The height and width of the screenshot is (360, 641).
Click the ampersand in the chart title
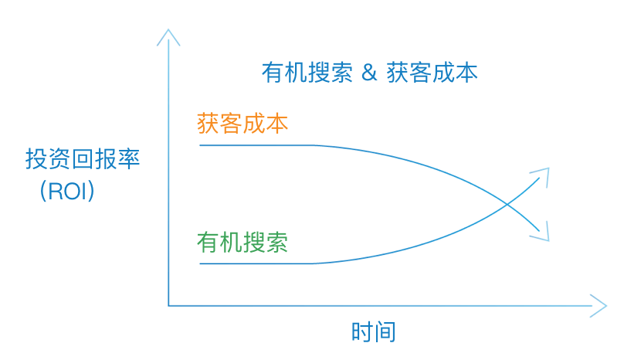click(x=368, y=73)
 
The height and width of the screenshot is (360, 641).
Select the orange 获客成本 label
click(x=242, y=123)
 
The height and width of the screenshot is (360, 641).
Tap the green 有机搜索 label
click(x=242, y=242)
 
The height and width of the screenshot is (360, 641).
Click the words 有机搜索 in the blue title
click(x=307, y=73)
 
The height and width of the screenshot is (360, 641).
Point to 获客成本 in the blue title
click(x=432, y=73)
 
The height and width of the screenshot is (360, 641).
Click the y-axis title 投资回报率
click(x=83, y=158)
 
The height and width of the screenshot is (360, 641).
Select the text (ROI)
click(x=67, y=191)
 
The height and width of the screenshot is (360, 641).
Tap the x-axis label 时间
click(x=373, y=331)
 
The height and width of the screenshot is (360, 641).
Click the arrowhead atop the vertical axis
click(x=168, y=36)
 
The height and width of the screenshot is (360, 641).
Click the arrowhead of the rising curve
click(x=541, y=175)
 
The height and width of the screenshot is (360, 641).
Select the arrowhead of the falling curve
click(x=541, y=233)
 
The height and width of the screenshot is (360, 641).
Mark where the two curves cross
click(x=507, y=204)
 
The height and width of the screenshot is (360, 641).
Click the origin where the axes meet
click(x=168, y=306)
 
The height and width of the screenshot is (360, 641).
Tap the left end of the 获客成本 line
click(x=200, y=145)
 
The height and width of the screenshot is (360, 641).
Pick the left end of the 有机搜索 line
click(x=200, y=263)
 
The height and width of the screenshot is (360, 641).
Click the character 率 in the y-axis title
click(x=129, y=158)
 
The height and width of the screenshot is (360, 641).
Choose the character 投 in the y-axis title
click(x=36, y=158)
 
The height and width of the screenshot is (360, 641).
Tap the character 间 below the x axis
click(x=385, y=331)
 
